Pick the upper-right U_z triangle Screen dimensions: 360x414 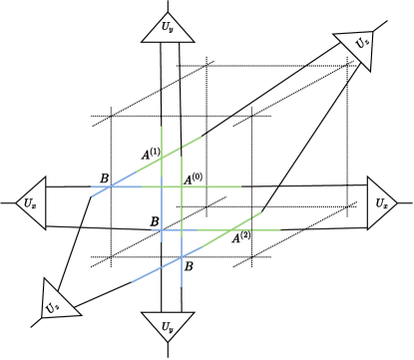click(359, 48)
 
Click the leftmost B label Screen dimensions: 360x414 click(103, 179)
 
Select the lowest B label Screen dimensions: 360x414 click(188, 266)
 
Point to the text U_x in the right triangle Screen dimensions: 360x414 click(383, 201)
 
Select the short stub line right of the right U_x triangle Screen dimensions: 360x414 click(406, 201)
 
